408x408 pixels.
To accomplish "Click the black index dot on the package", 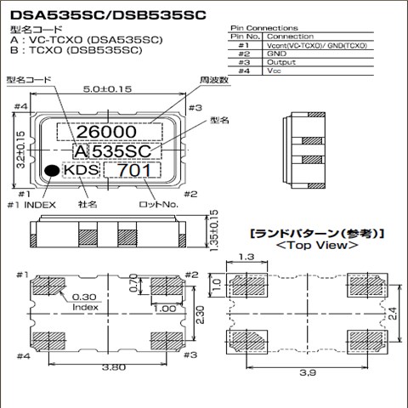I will coord(53,172).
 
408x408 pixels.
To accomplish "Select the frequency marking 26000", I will coord(108,133).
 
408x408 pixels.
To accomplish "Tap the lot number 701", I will coord(135,171).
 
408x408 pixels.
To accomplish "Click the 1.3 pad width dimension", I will coord(247,256).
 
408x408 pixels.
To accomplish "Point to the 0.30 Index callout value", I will coord(83,297).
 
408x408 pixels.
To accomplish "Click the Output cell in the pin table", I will coord(280,63).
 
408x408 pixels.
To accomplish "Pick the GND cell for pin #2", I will coord(275,54).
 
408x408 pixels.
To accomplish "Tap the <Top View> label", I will coord(315,245).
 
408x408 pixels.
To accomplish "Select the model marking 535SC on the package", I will coord(122,151).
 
